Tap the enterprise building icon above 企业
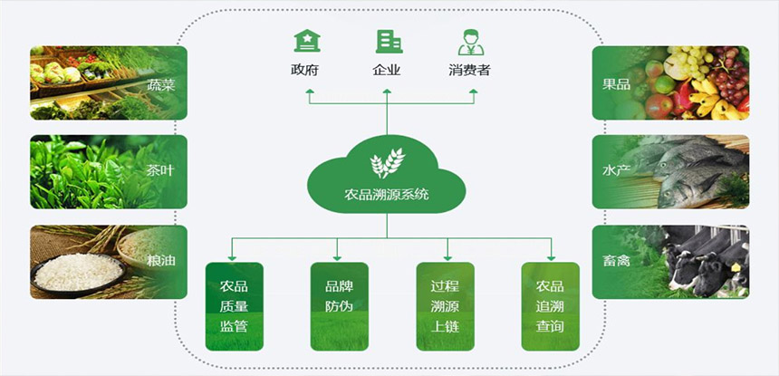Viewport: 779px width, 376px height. [388, 41]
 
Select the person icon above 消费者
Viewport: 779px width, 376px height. [469, 42]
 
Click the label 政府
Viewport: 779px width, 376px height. [305, 70]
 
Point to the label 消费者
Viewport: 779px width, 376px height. [469, 70]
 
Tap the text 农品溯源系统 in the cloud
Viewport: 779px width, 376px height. [387, 194]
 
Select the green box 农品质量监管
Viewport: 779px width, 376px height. [234, 306]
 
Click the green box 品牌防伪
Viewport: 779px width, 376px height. [339, 306]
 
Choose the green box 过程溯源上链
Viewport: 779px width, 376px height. [444, 306]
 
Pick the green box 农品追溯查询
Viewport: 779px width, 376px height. [549, 306]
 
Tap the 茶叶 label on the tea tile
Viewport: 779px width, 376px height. [159, 171]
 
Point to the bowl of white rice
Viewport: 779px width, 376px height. [77, 271]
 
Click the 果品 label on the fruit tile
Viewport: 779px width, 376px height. [617, 83]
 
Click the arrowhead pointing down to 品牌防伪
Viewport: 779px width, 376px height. [338, 256]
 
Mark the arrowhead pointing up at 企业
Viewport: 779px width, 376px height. [388, 90]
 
